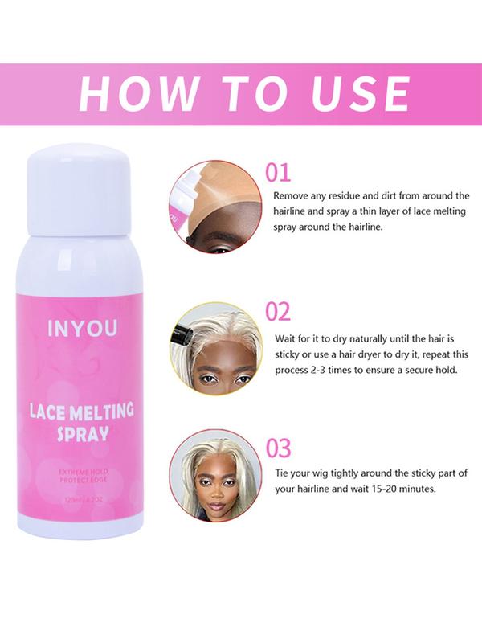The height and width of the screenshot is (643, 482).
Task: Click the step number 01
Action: click(x=278, y=173)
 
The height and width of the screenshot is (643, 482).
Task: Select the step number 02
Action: click(x=278, y=312)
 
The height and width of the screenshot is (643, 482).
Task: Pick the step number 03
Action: click(x=278, y=448)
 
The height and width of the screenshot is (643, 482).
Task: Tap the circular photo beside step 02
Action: click(x=215, y=347)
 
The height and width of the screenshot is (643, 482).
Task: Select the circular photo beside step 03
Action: click(x=215, y=474)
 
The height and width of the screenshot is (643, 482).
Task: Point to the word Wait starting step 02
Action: click(x=288, y=338)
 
